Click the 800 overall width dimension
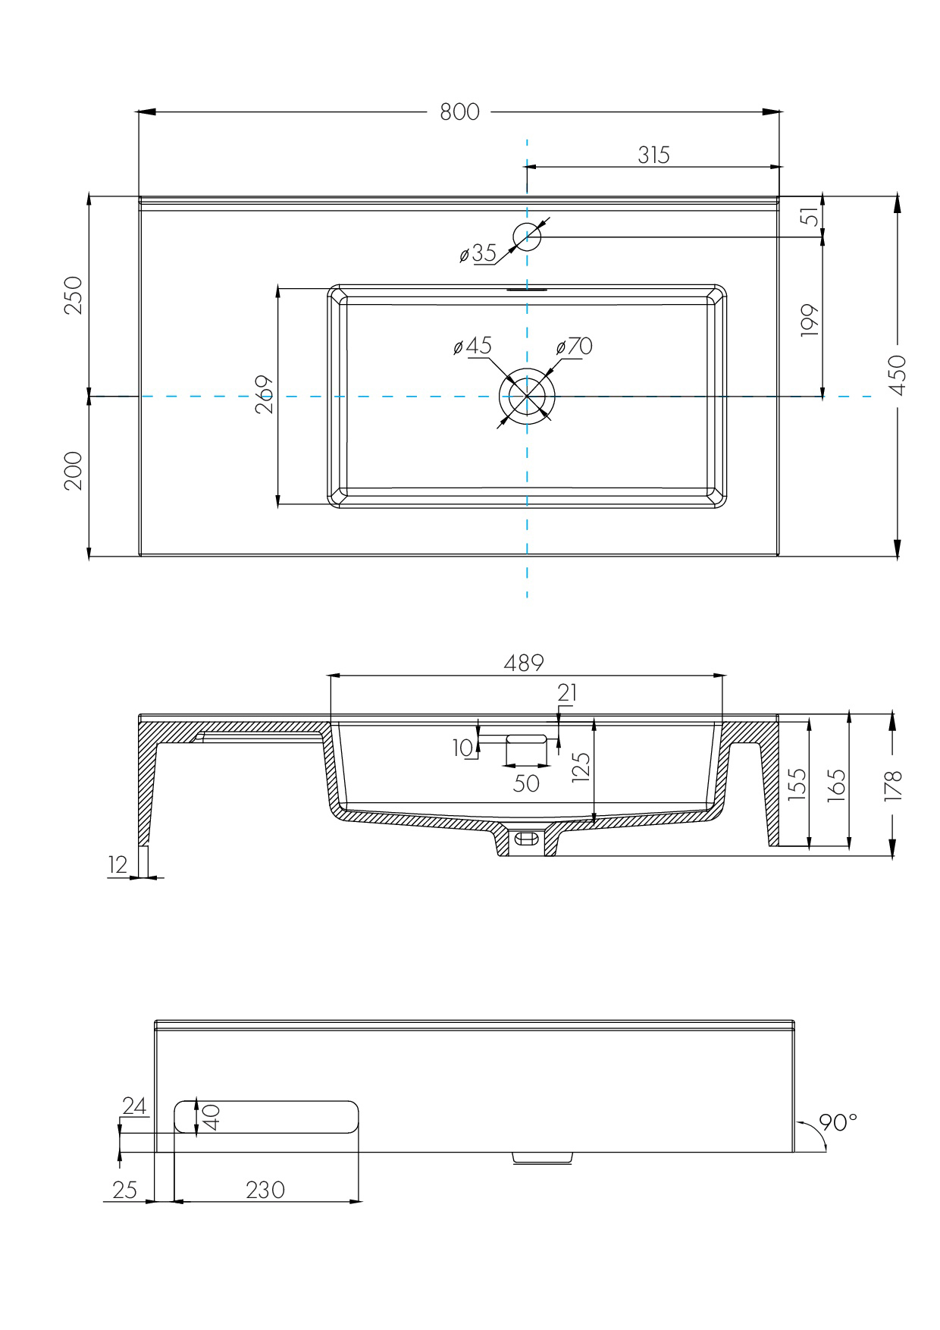click(459, 111)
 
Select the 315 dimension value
click(653, 155)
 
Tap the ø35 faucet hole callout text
click(478, 253)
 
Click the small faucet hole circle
click(526, 237)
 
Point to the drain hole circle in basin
click(527, 397)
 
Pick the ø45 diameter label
click(473, 347)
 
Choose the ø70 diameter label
click(574, 347)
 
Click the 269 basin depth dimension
click(265, 394)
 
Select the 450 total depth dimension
click(897, 375)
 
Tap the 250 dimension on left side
click(74, 296)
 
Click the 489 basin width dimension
click(524, 663)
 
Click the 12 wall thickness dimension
click(117, 864)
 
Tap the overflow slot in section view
click(526, 738)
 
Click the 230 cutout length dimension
click(265, 1190)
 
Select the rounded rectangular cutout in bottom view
click(266, 1117)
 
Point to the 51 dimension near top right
click(810, 217)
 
